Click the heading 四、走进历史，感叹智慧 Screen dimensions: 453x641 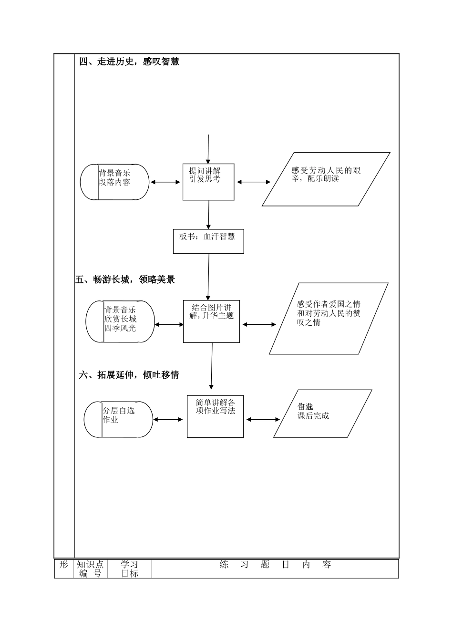[129, 62]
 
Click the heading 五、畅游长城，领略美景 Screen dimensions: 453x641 [125, 279]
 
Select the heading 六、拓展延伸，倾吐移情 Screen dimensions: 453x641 [129, 375]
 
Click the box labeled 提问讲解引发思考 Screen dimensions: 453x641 [208, 182]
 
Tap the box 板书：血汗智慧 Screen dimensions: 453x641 [208, 241]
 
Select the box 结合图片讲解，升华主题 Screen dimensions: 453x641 [211, 321]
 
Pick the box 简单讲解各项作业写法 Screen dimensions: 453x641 [215, 416]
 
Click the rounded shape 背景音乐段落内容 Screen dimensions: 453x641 [114, 182]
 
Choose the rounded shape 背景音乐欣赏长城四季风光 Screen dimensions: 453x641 [120, 321]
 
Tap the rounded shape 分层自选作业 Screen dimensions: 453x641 [118, 419]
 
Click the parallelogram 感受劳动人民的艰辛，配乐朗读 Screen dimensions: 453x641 [326, 179]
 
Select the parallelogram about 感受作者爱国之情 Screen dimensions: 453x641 [329, 319]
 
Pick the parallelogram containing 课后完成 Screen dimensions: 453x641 [322, 414]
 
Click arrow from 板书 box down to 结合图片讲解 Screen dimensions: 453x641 [208, 277]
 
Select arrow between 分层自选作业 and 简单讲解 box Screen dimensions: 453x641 [168, 419]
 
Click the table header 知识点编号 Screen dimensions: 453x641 [90, 569]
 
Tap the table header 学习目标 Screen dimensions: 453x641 [129, 569]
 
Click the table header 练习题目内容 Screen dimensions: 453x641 [275, 565]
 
